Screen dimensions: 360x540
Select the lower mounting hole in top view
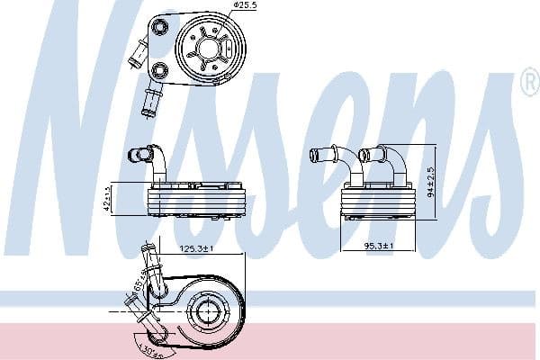160,69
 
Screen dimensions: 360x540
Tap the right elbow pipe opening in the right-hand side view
364,154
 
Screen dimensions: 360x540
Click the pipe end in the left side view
135,155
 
